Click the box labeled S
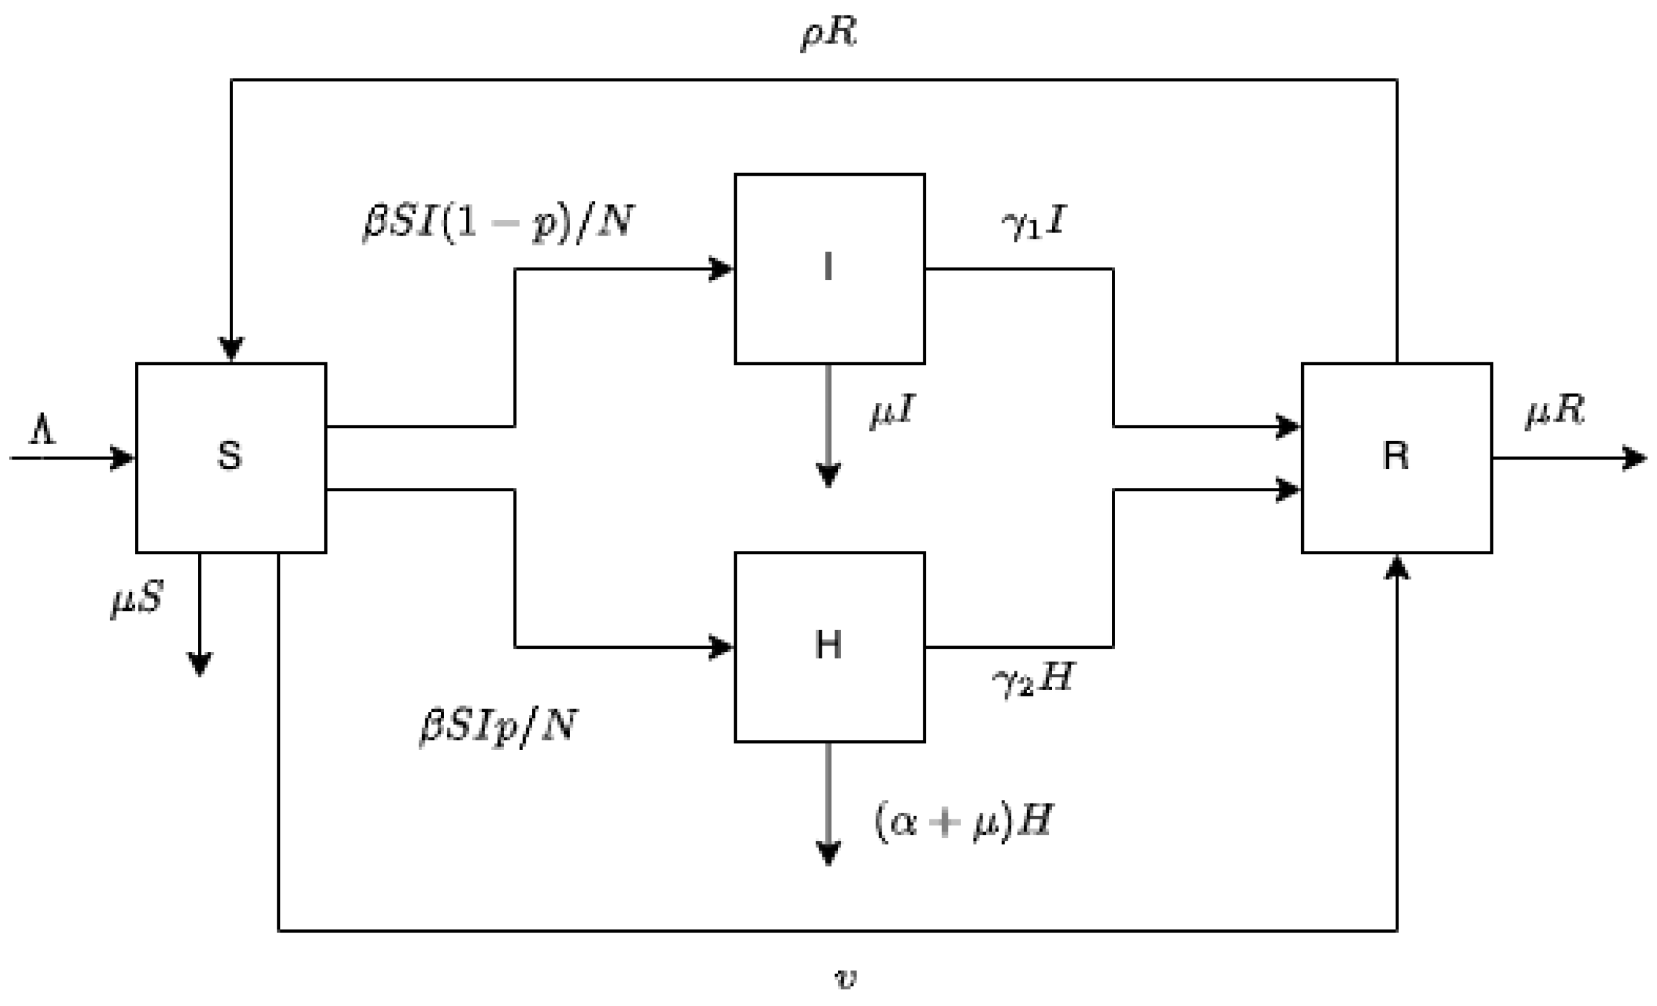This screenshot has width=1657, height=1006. click(230, 457)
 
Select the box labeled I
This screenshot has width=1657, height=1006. click(829, 268)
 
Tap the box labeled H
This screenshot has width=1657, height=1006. click(829, 646)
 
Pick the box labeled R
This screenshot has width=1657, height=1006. click(1396, 457)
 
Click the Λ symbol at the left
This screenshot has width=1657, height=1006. click(42, 430)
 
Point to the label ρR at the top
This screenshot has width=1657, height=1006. click(829, 32)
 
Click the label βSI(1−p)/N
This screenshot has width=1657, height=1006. click(497, 221)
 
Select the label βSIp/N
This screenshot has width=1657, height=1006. click(497, 725)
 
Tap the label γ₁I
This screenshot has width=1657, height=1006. click(1033, 223)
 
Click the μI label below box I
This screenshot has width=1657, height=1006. click(893, 411)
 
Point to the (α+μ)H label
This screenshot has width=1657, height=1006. click(963, 821)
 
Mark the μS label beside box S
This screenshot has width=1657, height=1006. click(137, 598)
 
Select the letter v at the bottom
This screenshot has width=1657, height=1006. click(845, 978)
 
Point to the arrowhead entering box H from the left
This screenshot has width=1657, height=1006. click(721, 647)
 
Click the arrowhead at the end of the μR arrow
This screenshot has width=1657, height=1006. click(1634, 458)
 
